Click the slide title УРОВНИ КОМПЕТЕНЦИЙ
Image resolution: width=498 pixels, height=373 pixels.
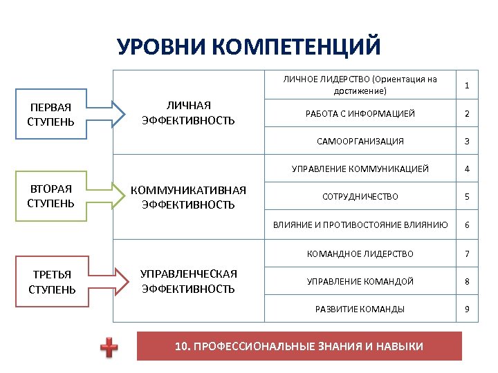coord(248,46)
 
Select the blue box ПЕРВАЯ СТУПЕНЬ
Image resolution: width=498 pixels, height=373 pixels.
coord(51,113)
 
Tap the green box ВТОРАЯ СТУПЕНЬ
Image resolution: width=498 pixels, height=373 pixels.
coord(51,195)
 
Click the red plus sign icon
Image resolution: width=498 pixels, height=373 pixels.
coord(109,347)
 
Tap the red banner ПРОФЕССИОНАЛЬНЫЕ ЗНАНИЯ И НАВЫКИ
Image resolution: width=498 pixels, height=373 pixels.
coord(299,346)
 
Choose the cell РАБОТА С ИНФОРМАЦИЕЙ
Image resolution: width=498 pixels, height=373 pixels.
coord(360,113)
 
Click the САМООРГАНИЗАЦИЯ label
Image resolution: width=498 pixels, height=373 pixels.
coord(360,141)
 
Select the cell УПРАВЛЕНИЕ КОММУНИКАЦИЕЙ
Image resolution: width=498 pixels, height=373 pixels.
coord(360,169)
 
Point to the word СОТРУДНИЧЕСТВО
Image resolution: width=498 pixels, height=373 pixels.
coord(360,197)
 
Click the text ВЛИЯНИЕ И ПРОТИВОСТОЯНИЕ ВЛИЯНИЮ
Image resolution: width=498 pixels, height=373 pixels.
coord(360,225)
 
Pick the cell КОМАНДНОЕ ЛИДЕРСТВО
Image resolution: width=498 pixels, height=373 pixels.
coord(360,254)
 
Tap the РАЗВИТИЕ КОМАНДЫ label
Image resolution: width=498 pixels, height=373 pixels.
coord(360,309)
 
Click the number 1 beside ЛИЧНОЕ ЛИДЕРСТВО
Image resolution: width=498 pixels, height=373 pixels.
coord(468,85)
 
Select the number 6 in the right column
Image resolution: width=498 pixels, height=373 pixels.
coord(468,225)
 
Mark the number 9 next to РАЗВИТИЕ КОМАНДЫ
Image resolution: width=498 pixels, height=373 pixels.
coord(468,309)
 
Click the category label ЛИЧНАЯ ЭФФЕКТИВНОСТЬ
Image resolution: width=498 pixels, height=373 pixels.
coord(188,113)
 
